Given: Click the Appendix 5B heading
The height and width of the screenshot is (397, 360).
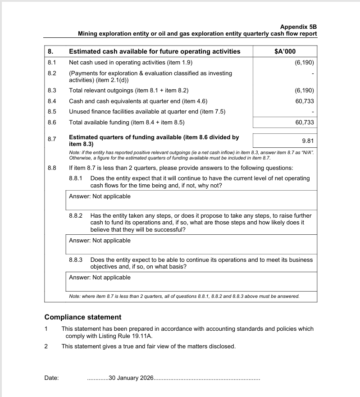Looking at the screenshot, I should [x=298, y=27].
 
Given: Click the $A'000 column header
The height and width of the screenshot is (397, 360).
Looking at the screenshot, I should [x=285, y=51].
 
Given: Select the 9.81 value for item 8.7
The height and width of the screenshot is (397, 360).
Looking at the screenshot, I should [x=308, y=141].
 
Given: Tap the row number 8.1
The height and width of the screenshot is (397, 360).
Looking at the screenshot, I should [x=52, y=63].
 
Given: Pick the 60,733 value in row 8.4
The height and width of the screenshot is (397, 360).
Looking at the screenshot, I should [x=305, y=101].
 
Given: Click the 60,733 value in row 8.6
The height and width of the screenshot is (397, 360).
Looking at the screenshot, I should [x=305, y=122].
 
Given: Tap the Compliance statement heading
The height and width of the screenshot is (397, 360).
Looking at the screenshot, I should [x=83, y=317].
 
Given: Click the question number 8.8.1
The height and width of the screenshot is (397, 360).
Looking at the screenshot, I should [x=76, y=178].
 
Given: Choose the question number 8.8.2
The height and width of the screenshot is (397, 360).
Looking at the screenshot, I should [x=76, y=216].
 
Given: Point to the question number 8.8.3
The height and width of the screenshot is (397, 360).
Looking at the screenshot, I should [x=76, y=260].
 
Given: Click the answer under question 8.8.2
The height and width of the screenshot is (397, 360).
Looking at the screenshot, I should [x=100, y=241].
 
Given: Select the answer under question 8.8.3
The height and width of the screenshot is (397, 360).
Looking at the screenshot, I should [x=100, y=278].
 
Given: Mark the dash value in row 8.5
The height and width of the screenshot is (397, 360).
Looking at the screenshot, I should [x=312, y=112].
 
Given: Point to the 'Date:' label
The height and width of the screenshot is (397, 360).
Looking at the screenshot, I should [x=51, y=378].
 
